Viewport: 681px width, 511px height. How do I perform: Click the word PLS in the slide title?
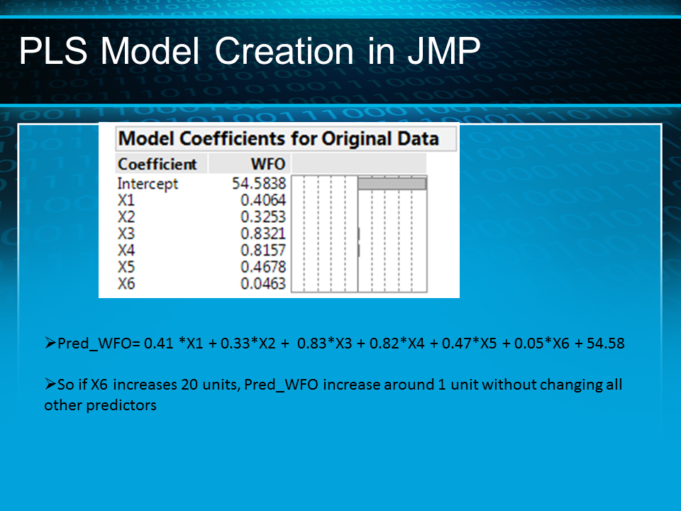pos(55,52)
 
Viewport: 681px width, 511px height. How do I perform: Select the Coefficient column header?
pos(157,164)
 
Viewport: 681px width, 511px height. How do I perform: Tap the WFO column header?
pos(267,164)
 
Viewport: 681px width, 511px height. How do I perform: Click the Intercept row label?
pos(148,184)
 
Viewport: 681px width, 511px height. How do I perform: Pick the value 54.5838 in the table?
pos(259,184)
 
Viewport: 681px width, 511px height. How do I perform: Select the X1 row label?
pos(126,200)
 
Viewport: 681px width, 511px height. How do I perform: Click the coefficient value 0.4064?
pos(262,200)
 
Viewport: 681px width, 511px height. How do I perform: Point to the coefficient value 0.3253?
pos(262,217)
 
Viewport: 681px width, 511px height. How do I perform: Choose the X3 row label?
pos(126,233)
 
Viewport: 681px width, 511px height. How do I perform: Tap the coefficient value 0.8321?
pos(262,233)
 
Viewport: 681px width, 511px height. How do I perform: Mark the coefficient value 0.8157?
pos(262,251)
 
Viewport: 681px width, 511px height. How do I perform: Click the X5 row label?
pos(126,267)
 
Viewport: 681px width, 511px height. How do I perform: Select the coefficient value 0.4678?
pos(262,267)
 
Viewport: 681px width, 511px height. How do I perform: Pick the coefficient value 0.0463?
pos(262,283)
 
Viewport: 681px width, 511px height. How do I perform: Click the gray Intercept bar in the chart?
pos(392,183)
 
